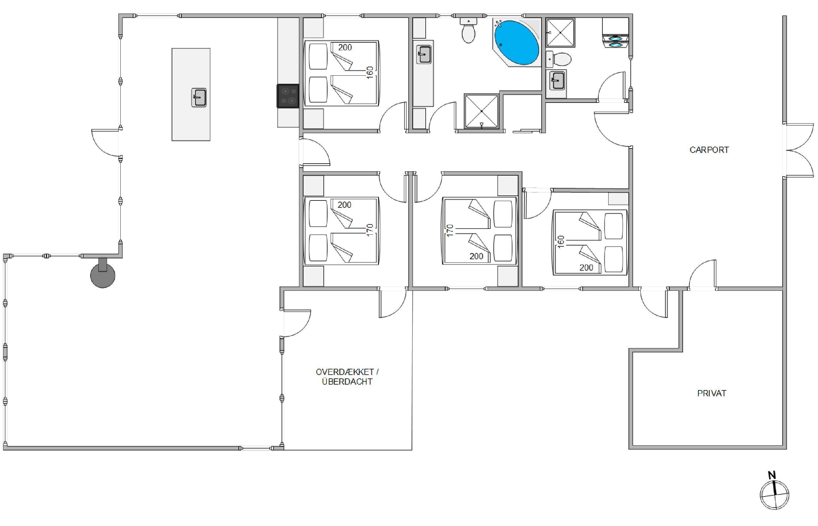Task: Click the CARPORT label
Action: (709, 150)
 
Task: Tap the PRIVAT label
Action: (711, 393)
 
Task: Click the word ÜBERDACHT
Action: (347, 382)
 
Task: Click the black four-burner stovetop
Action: (288, 96)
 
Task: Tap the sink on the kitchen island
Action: (199, 97)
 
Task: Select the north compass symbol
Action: (774, 494)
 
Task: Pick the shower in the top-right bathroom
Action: (561, 32)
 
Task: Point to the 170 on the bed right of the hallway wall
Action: (450, 231)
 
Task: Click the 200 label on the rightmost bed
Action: (586, 267)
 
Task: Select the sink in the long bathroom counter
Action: (424, 54)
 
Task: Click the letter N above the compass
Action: (772, 475)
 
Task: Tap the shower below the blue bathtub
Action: (481, 111)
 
